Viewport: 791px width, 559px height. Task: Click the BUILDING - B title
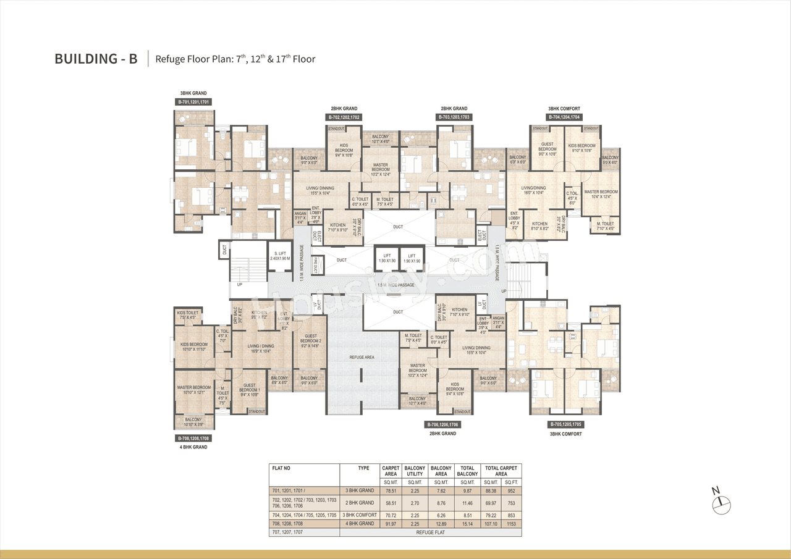[96, 59]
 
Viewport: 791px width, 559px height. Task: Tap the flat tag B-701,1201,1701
[194, 102]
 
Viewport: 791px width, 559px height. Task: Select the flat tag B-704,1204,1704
[563, 117]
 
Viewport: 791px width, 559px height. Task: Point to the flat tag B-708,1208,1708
[194, 438]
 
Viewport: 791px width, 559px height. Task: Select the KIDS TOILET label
[187, 313]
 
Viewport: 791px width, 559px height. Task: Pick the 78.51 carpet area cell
[390, 492]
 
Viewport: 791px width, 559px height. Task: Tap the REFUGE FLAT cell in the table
[430, 532]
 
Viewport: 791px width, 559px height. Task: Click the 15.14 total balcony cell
[468, 523]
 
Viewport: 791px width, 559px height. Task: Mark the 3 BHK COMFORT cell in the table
[359, 515]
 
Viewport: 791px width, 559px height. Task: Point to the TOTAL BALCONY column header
[468, 471]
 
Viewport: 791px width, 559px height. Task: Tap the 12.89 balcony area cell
[441, 523]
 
